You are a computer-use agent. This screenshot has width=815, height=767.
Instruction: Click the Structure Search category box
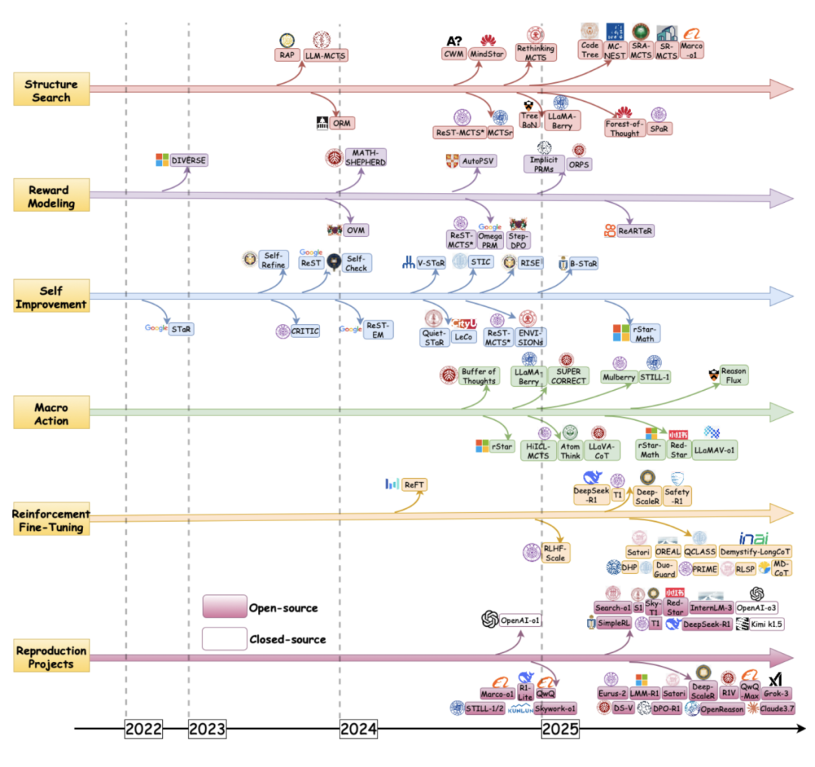tap(51, 90)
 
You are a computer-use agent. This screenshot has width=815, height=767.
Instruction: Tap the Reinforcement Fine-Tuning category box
tap(51, 520)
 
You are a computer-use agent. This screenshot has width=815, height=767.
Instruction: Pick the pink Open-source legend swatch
tap(224, 606)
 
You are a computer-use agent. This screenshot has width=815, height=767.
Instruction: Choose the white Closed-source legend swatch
tap(224, 639)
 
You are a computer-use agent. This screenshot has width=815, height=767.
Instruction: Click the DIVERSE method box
tap(188, 160)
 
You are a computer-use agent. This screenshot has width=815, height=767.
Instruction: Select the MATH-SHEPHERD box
tap(365, 157)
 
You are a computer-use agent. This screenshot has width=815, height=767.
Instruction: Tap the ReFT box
tap(414, 484)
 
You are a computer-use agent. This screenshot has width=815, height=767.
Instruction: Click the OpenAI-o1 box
tap(521, 621)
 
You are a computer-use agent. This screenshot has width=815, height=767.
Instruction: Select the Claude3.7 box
tap(778, 708)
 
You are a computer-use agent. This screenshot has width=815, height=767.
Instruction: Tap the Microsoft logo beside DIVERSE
tap(161, 160)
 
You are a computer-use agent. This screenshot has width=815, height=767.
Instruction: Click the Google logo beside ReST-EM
tap(350, 330)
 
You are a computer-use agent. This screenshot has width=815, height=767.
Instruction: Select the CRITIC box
tap(305, 330)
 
